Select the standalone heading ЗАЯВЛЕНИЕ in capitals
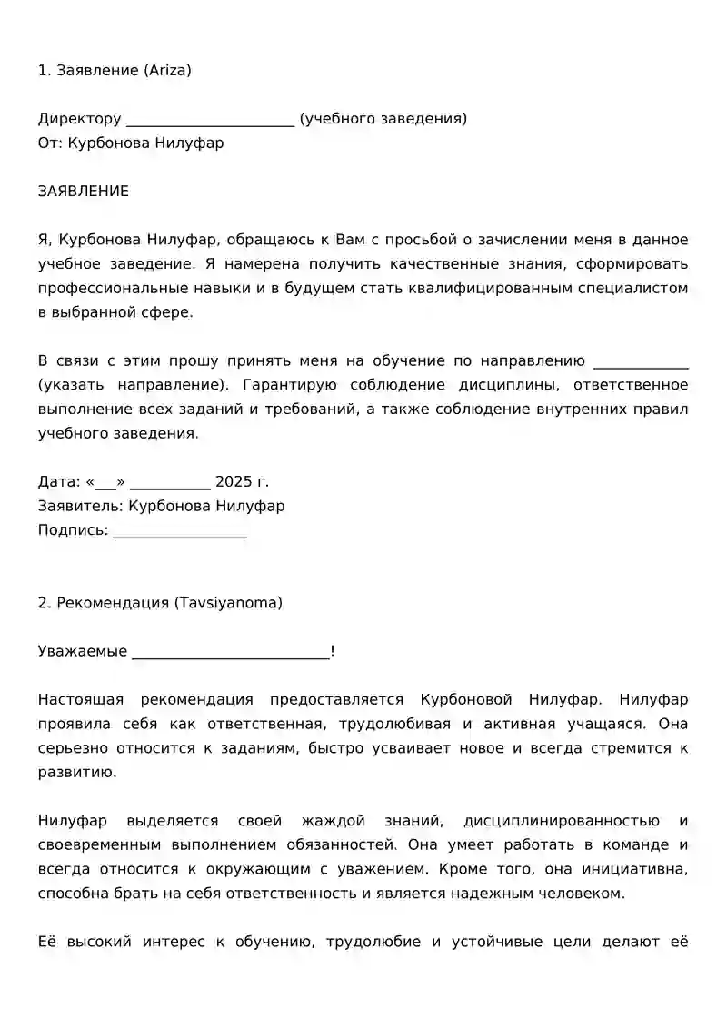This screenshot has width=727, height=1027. (84, 192)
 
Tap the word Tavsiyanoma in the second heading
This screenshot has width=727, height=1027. (236, 603)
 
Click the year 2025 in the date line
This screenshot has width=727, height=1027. (234, 482)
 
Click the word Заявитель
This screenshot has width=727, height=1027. (80, 507)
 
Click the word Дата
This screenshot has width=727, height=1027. (57, 482)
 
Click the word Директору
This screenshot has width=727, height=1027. (80, 119)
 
